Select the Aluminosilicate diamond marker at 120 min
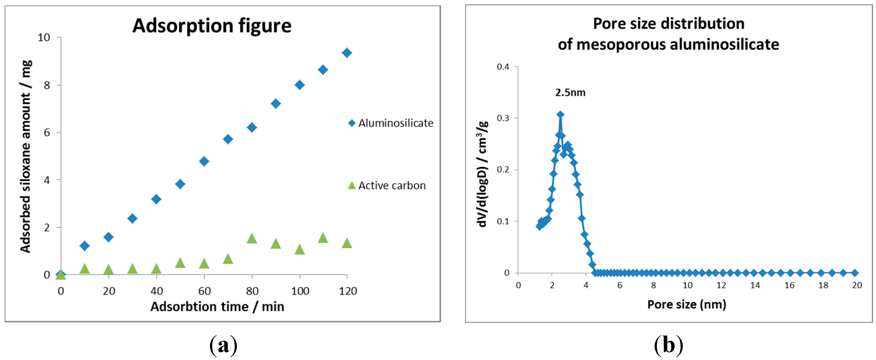[x=346, y=53]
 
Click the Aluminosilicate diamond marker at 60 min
[x=204, y=161]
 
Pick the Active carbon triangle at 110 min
[x=323, y=238]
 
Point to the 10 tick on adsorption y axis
[x=44, y=38]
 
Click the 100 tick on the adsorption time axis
[x=300, y=291]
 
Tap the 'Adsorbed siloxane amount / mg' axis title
[x=26, y=156]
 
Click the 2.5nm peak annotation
[x=570, y=93]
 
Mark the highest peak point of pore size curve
[x=560, y=114]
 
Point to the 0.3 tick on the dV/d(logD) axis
[x=503, y=118]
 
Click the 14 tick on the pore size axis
[x=755, y=285]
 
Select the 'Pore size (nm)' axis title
[x=686, y=304]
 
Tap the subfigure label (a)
[x=223, y=345]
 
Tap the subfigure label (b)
[x=668, y=345]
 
